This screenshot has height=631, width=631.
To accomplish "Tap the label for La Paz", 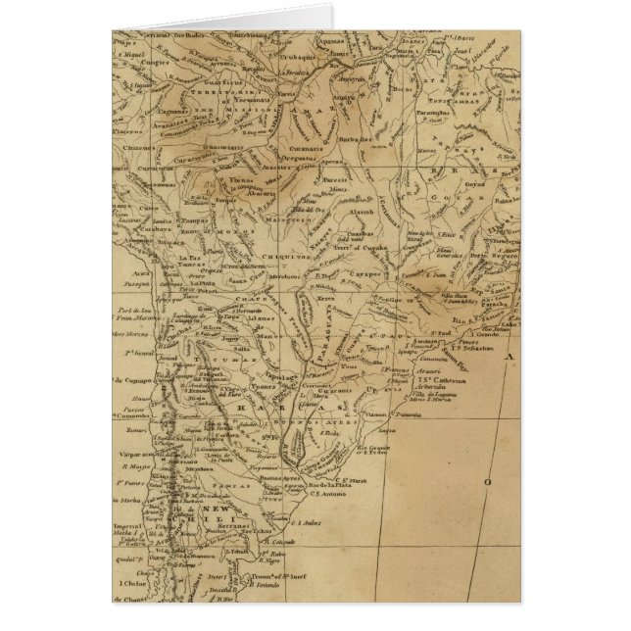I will coord(189,258).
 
